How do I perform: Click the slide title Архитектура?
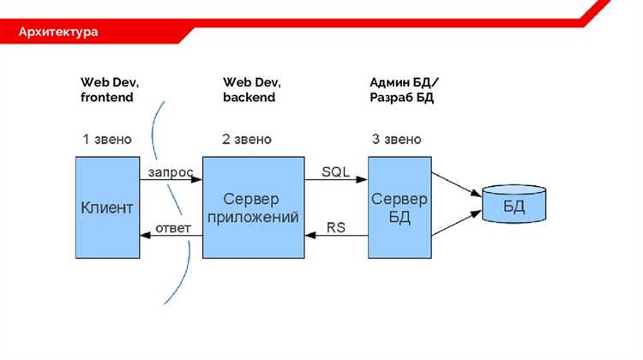[59, 33]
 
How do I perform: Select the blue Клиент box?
[107, 207]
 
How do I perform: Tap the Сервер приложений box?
[253, 207]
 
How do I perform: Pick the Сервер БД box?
[399, 207]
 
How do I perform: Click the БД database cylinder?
[513, 206]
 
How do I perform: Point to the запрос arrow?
[171, 180]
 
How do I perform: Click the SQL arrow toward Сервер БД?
[336, 180]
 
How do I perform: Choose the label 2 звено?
[246, 139]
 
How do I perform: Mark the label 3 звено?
[397, 139]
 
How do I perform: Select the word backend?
[249, 98]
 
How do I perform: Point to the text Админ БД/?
[404, 82]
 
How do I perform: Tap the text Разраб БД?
[402, 98]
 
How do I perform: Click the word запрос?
[170, 171]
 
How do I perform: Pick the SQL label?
[335, 171]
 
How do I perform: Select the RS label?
[336, 227]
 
